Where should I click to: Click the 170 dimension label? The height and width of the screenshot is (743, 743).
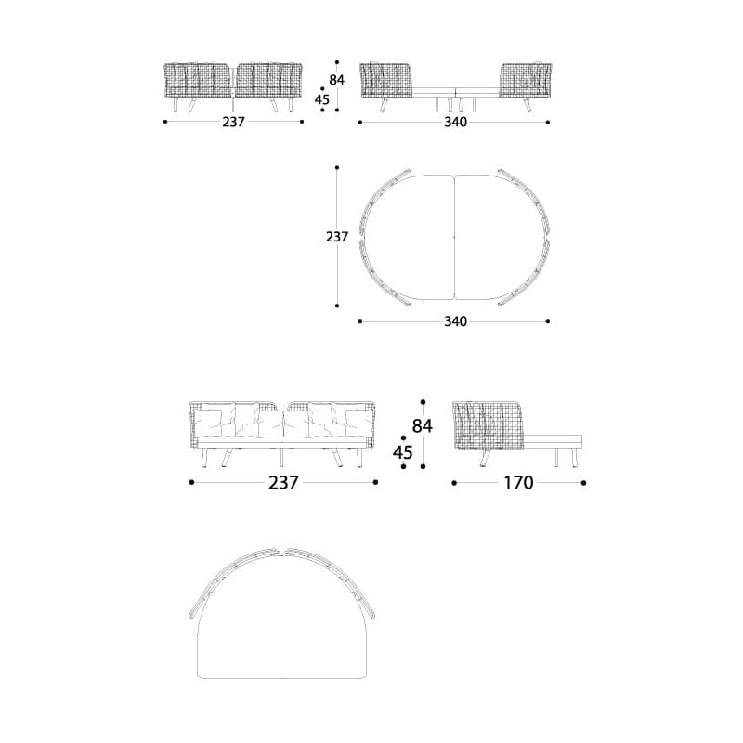(x=518, y=483)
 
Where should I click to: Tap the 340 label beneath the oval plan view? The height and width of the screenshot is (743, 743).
(x=455, y=321)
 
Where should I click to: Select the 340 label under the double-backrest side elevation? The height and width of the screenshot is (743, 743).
(x=455, y=123)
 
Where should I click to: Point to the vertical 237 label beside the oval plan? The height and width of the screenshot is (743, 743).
(x=337, y=237)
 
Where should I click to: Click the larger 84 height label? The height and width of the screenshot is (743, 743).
(x=423, y=426)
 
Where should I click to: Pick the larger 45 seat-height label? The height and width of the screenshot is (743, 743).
(x=403, y=452)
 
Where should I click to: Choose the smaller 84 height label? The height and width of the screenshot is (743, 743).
(x=337, y=80)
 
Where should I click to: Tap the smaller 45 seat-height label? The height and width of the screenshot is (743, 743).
(x=322, y=99)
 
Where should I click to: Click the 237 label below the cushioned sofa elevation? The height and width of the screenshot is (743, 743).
(x=283, y=483)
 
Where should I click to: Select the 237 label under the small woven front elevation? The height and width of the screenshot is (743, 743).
(x=234, y=123)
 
